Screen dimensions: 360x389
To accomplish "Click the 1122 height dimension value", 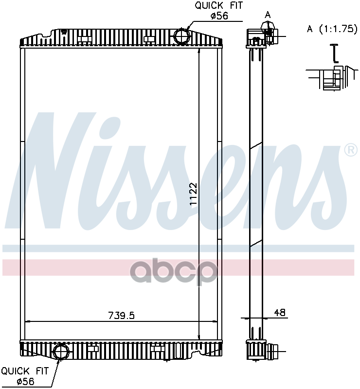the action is [193, 194].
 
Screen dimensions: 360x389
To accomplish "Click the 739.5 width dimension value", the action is [122, 315].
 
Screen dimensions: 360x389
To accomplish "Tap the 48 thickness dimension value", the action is [280, 312].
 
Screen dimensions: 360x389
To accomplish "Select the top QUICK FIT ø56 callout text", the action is [218, 10].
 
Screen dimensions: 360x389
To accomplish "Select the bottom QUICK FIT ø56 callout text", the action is [25, 376].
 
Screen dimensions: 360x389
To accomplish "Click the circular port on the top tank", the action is [182, 36].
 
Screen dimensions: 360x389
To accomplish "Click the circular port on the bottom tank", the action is [61, 351].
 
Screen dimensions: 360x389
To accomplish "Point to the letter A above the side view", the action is [268, 16].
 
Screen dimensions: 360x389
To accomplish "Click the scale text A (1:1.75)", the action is [332, 29].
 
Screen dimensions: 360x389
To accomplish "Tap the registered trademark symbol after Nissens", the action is [351, 150].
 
